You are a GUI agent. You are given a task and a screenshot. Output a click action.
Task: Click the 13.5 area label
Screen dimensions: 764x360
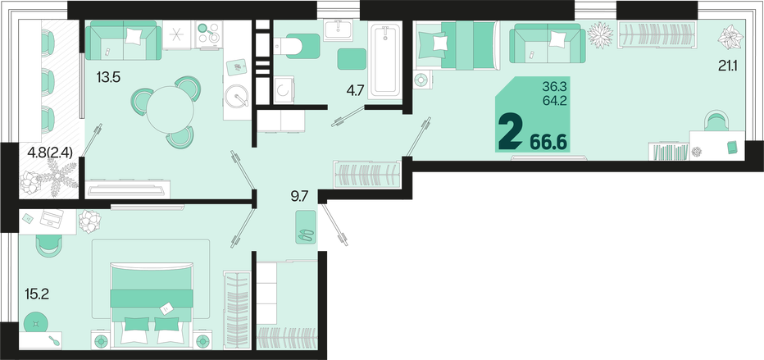point(109,77)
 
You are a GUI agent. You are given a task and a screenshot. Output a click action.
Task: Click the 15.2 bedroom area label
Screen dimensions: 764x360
point(37,294)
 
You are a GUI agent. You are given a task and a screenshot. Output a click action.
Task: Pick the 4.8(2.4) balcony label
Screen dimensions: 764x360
point(50,153)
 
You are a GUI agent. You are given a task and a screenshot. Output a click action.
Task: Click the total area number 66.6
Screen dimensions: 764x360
point(548,142)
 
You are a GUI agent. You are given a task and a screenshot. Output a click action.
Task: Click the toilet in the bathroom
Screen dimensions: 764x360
point(298,46)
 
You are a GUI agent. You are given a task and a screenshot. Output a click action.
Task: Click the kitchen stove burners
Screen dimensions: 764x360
point(208,34)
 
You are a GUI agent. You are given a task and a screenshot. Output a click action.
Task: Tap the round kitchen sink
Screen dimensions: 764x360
point(237,95)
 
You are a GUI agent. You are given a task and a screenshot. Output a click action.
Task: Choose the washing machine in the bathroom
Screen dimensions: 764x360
point(284,89)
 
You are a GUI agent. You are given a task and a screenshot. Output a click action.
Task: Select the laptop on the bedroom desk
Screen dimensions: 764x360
point(52,218)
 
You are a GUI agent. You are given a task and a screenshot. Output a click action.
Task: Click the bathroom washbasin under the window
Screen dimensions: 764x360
point(339,30)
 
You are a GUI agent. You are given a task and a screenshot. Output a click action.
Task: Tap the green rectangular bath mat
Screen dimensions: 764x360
point(352,59)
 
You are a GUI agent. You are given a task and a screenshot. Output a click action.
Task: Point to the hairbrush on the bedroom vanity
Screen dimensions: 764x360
point(56,340)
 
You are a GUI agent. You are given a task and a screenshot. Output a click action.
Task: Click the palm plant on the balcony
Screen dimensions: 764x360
point(57,176)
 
